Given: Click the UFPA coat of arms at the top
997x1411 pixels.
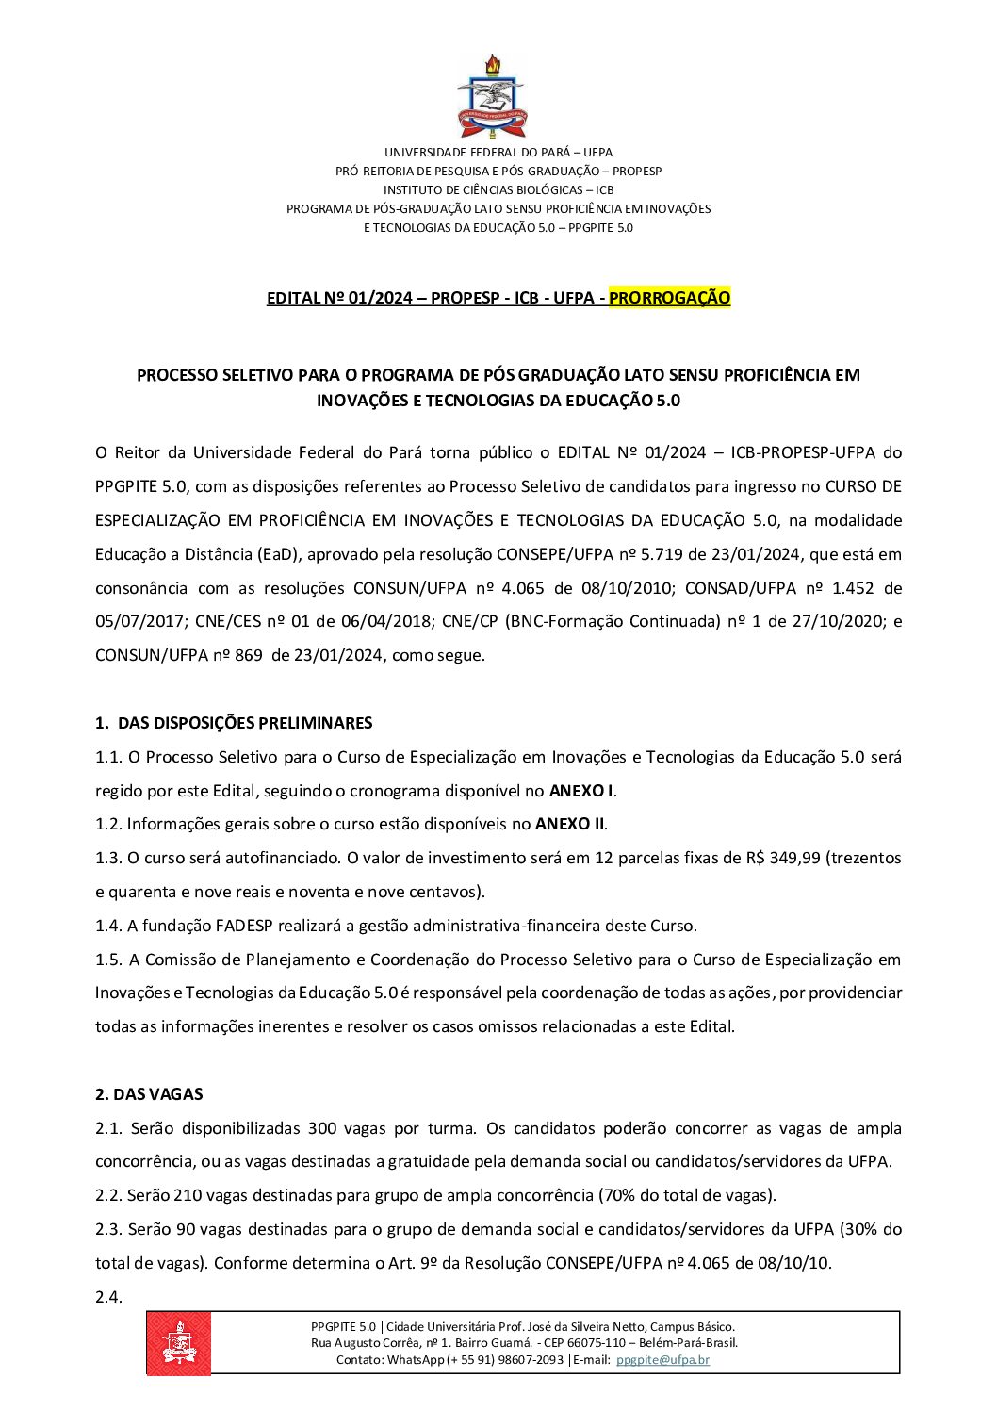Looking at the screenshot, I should pos(491,97).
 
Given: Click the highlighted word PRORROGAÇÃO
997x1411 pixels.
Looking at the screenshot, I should pos(669,298).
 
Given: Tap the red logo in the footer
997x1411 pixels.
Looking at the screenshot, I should pos(178,1343).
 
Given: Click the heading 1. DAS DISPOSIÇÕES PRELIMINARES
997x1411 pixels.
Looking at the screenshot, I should pos(234,723).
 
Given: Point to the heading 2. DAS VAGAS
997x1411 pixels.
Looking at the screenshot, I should pos(149,1094).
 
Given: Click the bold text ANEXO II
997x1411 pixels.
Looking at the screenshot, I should pos(570,824).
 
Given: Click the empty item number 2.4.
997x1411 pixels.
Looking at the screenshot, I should pos(108,1297).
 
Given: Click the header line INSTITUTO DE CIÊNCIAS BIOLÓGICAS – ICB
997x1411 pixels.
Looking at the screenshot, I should pos(498,189).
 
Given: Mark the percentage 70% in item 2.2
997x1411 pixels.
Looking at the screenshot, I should pos(619,1195).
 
